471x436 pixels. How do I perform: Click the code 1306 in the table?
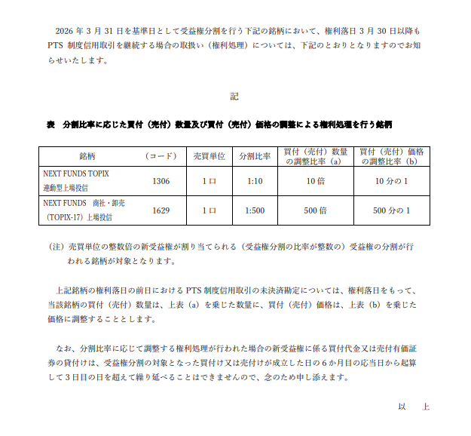pos(161,181)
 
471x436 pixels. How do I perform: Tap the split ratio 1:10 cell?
pos(255,181)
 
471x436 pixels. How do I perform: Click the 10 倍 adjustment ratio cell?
pos(315,181)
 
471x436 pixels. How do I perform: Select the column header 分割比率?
pos(255,156)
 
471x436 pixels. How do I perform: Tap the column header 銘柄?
pos(87,156)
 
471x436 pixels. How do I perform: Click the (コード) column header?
pos(161,156)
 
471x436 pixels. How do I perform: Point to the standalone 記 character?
pos(234,97)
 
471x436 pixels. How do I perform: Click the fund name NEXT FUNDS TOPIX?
pos(76,173)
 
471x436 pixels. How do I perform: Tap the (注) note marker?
pos(54,247)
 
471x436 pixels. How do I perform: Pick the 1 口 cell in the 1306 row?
pos(209,181)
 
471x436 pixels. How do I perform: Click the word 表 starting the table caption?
pos(50,124)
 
